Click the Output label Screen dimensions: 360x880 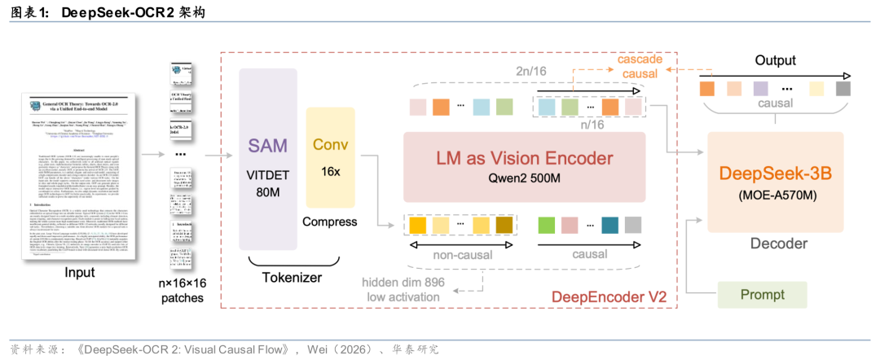click(x=775, y=60)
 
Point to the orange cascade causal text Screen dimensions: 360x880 click(x=639, y=67)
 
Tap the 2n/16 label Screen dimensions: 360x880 click(x=531, y=72)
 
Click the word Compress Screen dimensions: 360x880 click(x=329, y=221)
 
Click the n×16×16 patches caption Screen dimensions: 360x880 click(x=182, y=290)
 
